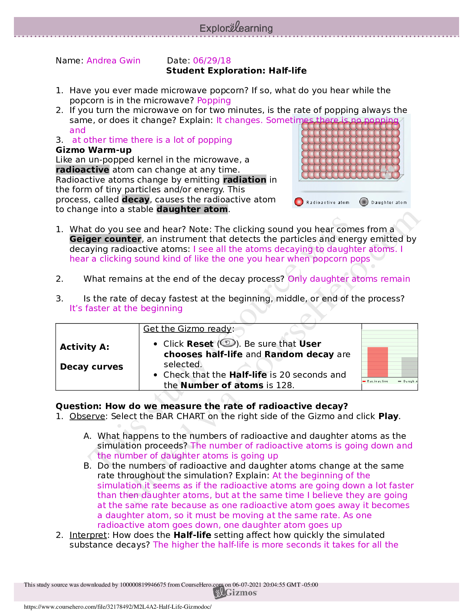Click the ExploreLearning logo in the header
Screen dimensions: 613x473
click(236, 28)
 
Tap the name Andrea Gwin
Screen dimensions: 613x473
click(114, 60)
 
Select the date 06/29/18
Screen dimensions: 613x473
click(212, 60)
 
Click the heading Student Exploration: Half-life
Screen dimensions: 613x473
click(236, 70)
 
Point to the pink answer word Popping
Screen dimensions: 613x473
click(214, 101)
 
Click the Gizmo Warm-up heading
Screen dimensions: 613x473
click(94, 150)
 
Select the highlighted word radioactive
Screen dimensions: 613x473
click(82, 170)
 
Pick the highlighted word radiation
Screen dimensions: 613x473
click(245, 180)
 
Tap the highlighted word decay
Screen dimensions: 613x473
click(136, 199)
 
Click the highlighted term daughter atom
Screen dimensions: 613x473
click(192, 209)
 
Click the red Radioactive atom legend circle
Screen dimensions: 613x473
click(299, 202)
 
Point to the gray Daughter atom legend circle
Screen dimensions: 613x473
click(364, 202)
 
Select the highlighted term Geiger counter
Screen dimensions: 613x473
click(105, 239)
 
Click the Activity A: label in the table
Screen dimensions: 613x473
click(85, 347)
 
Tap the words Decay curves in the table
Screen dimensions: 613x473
click(92, 366)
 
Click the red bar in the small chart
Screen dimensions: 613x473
click(378, 362)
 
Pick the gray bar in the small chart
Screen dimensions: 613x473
click(410, 367)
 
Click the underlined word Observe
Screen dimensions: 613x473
click(87, 416)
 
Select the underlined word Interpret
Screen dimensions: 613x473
click(88, 535)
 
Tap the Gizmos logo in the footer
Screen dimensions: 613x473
click(236, 592)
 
